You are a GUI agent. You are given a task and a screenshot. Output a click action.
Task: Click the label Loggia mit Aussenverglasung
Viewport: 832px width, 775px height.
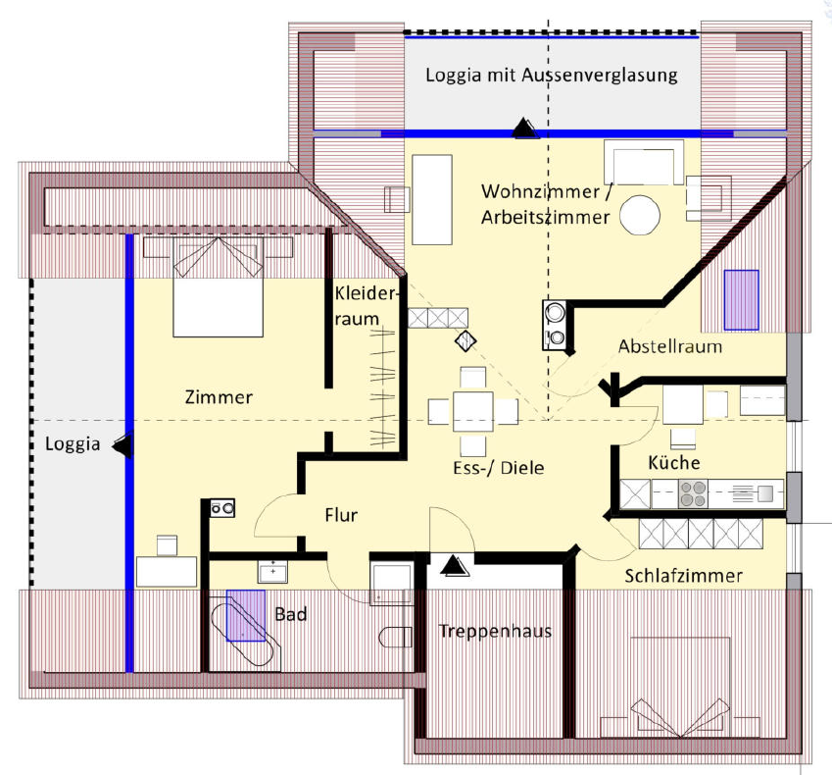coord(551,76)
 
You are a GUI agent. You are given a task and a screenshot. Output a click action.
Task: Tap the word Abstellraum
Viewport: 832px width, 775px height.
coord(670,346)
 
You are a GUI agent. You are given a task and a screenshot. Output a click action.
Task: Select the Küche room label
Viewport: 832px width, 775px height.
coord(673,462)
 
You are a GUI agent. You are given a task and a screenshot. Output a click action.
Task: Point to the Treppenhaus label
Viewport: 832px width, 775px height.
coord(495,631)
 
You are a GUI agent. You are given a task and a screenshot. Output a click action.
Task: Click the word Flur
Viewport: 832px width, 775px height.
coord(341,515)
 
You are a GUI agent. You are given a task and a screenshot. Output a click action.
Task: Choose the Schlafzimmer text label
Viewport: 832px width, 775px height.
coord(683,575)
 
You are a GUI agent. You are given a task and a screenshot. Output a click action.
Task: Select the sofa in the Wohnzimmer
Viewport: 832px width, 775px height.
coord(644,163)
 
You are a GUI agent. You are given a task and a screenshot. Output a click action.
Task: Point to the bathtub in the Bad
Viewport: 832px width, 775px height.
coord(242,628)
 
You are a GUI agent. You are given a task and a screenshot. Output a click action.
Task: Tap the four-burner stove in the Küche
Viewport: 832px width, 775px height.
coord(695,493)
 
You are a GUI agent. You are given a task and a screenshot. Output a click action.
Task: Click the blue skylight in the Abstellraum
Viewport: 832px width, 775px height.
coord(742,299)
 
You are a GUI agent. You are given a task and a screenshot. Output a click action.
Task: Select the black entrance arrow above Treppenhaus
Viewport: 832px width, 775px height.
coord(452,564)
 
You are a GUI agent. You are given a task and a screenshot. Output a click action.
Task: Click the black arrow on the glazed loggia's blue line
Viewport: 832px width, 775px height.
coord(524,128)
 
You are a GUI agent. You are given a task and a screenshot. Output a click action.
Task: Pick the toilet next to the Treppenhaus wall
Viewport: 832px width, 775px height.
coord(395,637)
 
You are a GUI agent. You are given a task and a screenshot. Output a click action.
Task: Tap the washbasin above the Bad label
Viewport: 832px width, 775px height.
coord(271,571)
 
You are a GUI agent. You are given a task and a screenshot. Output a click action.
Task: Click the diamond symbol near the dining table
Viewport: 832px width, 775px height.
coord(465,340)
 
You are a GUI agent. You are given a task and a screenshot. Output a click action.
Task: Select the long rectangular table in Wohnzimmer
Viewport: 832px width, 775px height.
coord(432,199)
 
